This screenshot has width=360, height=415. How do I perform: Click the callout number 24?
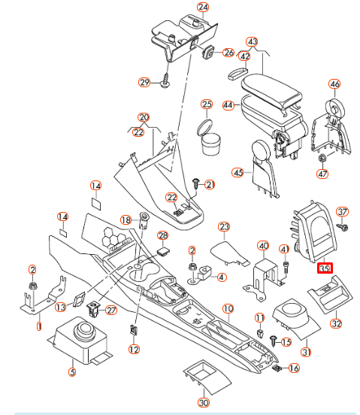202,7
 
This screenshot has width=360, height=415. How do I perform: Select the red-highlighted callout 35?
325,268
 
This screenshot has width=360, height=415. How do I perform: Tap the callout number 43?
253,42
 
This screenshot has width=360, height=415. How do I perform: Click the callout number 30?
203,402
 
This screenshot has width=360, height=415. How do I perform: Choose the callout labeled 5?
72,371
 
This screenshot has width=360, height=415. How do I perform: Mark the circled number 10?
228,308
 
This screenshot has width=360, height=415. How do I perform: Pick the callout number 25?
207,104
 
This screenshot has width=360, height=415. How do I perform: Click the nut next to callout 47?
322,159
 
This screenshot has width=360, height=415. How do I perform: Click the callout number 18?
126,219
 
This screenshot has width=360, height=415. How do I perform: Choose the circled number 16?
294,368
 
